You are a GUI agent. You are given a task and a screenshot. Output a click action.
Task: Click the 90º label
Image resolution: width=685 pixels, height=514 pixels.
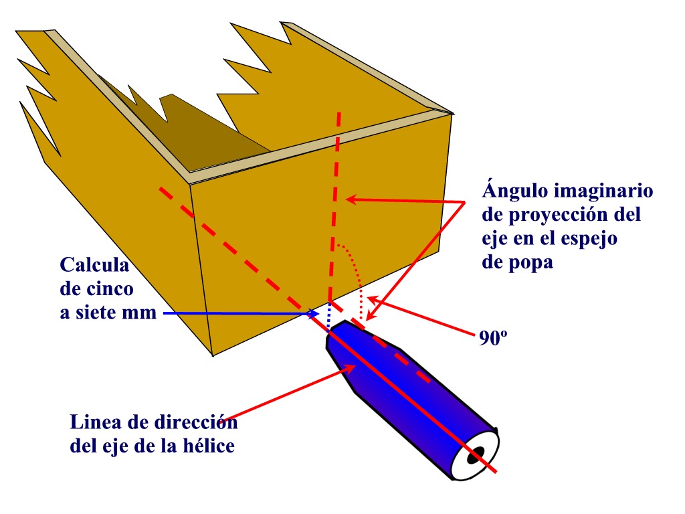pyautogui.click(x=493, y=338)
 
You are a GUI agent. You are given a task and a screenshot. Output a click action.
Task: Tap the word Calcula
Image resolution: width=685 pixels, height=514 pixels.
pyautogui.click(x=94, y=265)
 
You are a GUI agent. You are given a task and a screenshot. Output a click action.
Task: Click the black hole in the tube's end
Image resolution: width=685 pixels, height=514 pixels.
pyautogui.click(x=476, y=455)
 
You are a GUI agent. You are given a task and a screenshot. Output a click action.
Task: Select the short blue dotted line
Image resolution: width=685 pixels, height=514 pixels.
pyautogui.click(x=329, y=316)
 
